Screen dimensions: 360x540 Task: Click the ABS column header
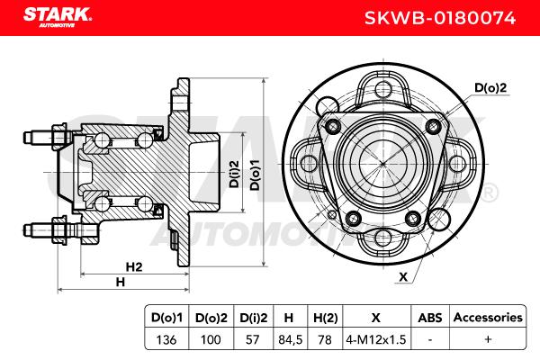[430, 317]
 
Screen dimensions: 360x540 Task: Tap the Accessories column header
[488, 317]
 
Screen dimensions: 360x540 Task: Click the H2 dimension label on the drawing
[134, 266]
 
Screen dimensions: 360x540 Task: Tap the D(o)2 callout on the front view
[491, 87]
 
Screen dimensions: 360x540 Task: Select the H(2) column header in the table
[324, 317]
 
